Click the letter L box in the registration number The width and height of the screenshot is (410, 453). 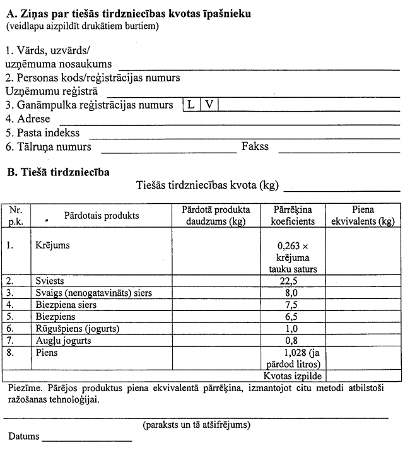point(190,105)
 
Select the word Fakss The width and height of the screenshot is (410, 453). point(255,146)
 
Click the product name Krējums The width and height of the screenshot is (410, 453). point(52,245)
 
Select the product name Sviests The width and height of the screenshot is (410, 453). point(50,281)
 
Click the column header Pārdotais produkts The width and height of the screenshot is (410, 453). point(102,216)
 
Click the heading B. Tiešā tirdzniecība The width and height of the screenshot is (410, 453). point(57,171)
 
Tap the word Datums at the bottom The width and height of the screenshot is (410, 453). point(23,437)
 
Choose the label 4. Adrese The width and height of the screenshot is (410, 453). point(28,119)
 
